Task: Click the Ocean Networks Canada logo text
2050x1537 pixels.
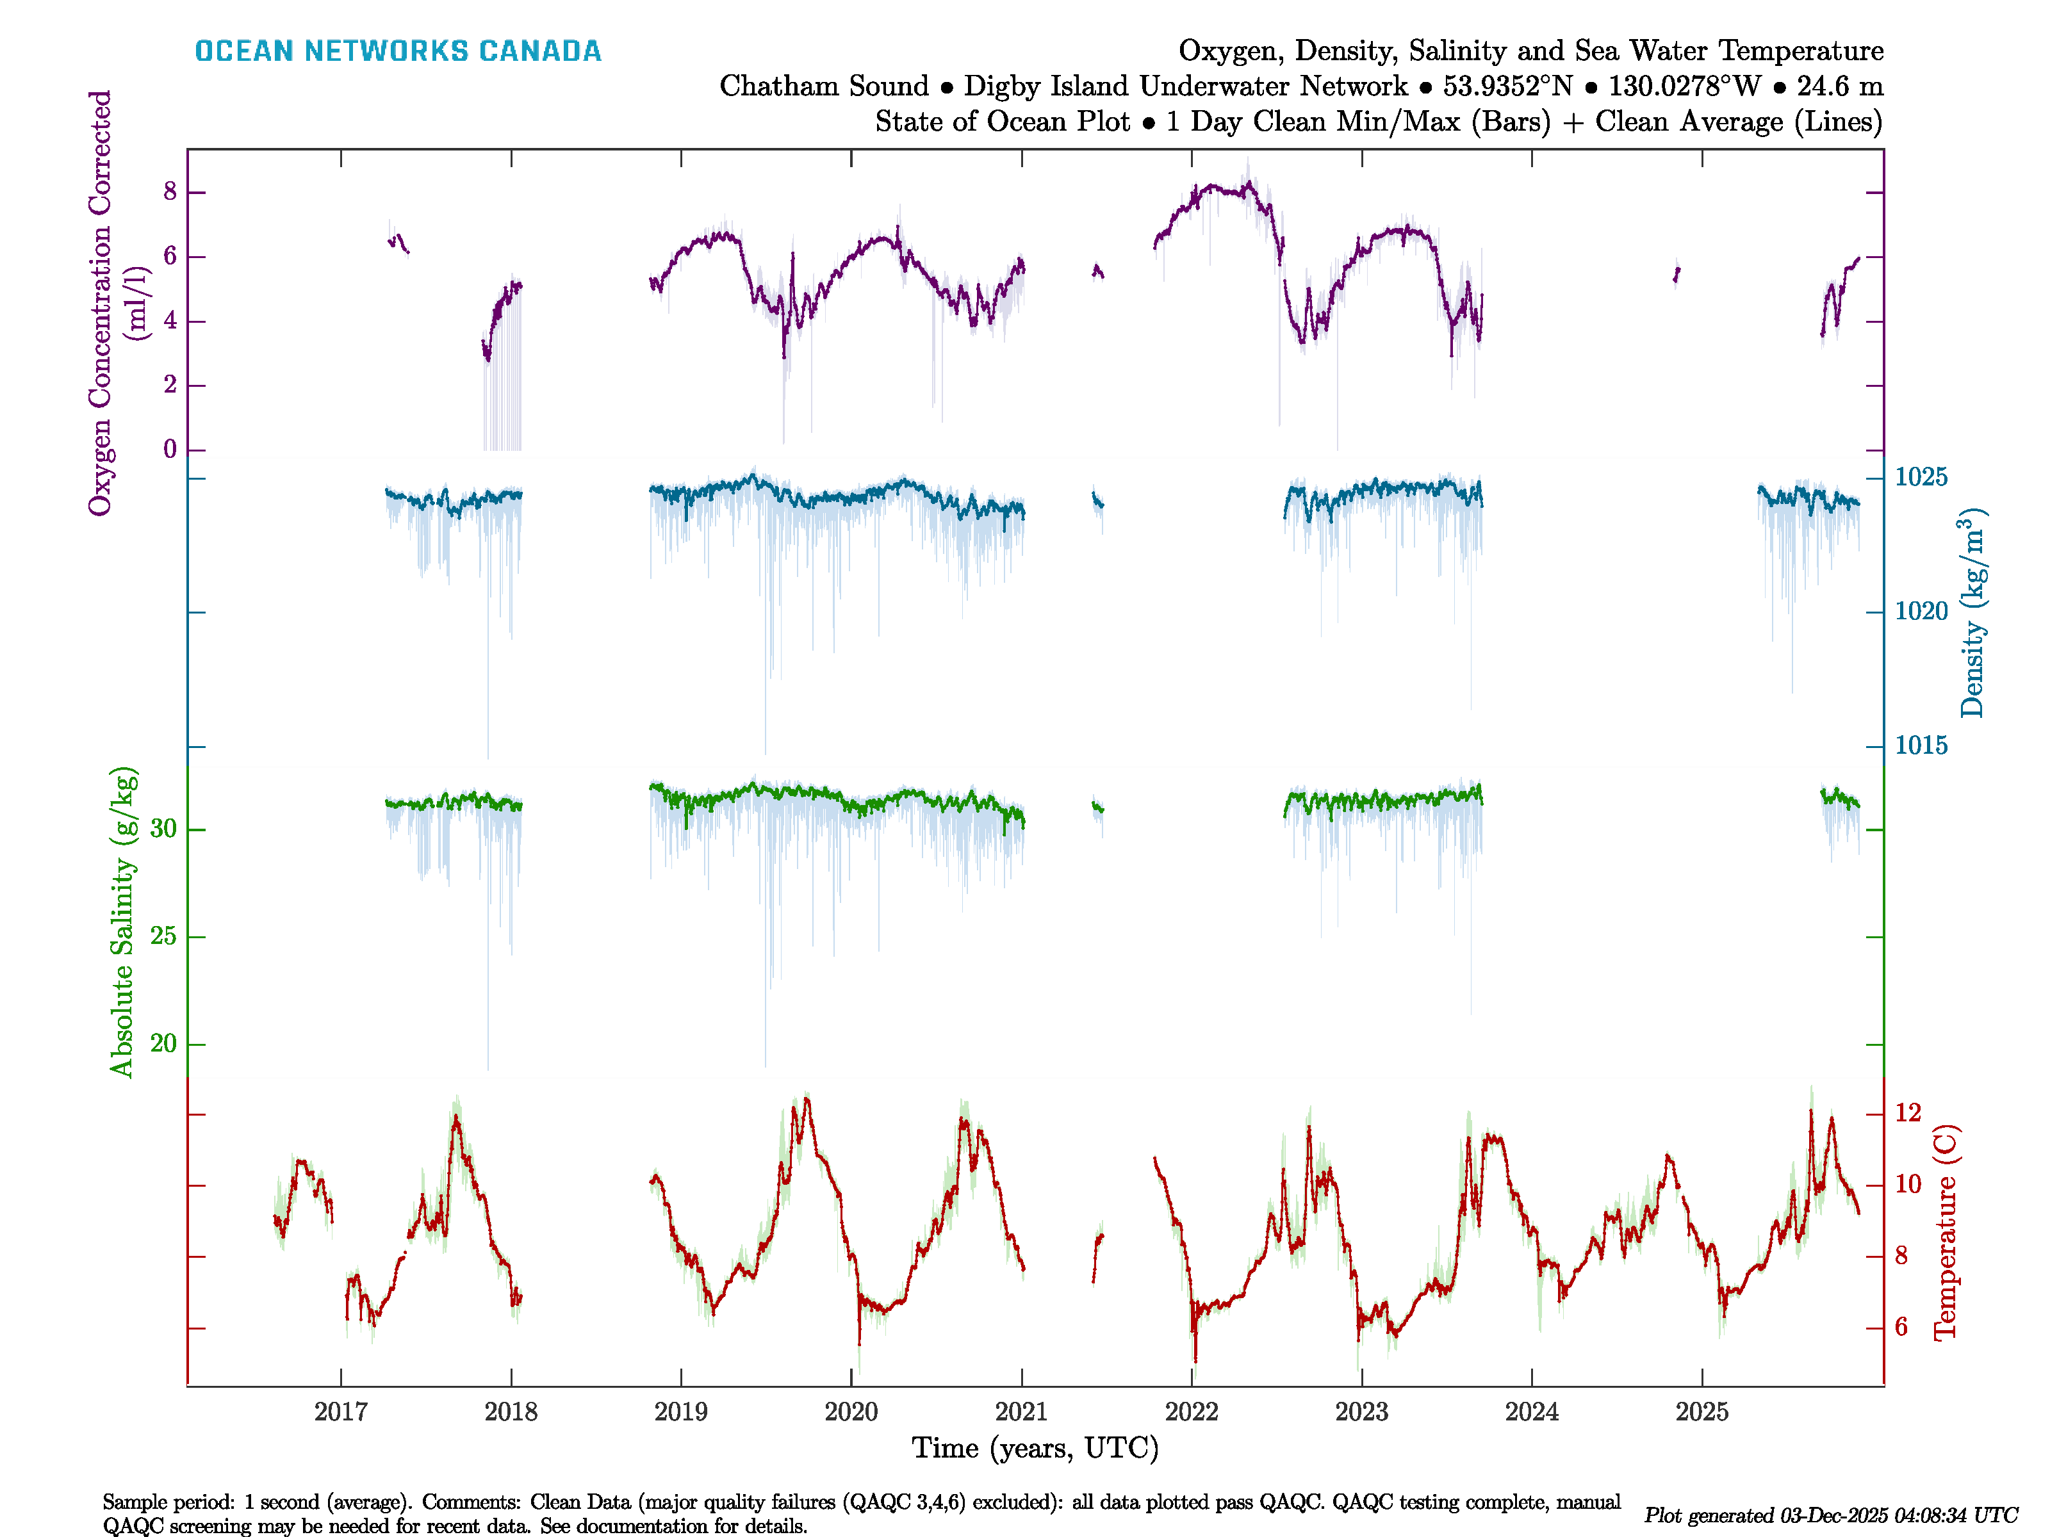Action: click(x=398, y=51)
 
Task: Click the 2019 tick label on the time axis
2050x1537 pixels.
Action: click(x=681, y=1412)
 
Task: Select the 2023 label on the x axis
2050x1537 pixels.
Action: click(x=1361, y=1412)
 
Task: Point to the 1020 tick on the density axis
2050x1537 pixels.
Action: click(x=1921, y=612)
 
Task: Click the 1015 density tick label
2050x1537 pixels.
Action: click(x=1921, y=746)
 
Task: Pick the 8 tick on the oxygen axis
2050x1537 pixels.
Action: click(x=170, y=191)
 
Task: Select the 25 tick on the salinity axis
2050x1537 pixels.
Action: click(x=163, y=937)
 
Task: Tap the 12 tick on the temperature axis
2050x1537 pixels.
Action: click(x=1907, y=1112)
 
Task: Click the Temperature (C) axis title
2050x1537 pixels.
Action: click(x=1944, y=1232)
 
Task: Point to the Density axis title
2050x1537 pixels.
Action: click(x=1972, y=614)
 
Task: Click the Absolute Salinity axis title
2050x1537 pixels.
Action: click(x=122, y=922)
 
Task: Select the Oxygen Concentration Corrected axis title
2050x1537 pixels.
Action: click(x=100, y=302)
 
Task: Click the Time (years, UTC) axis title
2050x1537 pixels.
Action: click(x=1035, y=1448)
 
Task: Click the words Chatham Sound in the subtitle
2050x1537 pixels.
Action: click(x=824, y=86)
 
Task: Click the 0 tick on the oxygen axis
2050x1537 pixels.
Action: click(x=170, y=450)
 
